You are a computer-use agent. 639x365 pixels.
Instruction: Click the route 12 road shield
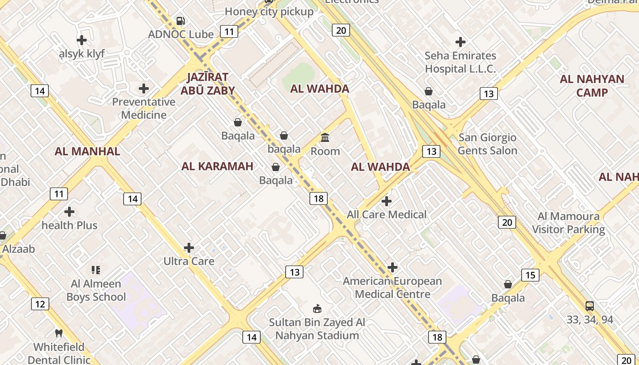(x=40, y=304)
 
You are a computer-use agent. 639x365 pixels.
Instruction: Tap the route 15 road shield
(x=530, y=275)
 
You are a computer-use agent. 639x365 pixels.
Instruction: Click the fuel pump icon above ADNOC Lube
(x=181, y=21)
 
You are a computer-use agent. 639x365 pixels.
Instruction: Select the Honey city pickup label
(x=269, y=12)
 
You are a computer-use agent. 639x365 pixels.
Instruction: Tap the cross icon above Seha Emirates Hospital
(x=461, y=42)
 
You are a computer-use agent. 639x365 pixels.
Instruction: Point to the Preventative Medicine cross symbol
(x=144, y=88)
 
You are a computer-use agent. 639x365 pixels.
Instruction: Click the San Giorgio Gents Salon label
(x=487, y=144)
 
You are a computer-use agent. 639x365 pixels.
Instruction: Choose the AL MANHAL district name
(x=87, y=151)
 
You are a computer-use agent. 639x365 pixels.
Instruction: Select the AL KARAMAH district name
(x=217, y=166)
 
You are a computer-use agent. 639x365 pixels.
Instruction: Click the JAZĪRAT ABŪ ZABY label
(x=207, y=83)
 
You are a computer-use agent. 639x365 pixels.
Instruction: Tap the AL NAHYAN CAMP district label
(x=592, y=86)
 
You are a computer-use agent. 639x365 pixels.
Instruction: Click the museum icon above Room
(x=325, y=137)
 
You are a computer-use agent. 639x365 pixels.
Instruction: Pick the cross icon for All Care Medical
(x=387, y=201)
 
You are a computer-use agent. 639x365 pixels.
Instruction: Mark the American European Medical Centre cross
(x=393, y=267)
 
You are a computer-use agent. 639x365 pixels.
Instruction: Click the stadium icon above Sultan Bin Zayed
(x=317, y=309)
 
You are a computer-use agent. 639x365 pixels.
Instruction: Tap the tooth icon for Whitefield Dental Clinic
(x=59, y=334)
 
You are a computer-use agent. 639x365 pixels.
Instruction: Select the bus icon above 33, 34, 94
(x=590, y=306)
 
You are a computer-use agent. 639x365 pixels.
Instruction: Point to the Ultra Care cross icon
(x=189, y=248)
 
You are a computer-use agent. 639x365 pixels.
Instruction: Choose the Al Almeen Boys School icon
(x=95, y=270)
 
